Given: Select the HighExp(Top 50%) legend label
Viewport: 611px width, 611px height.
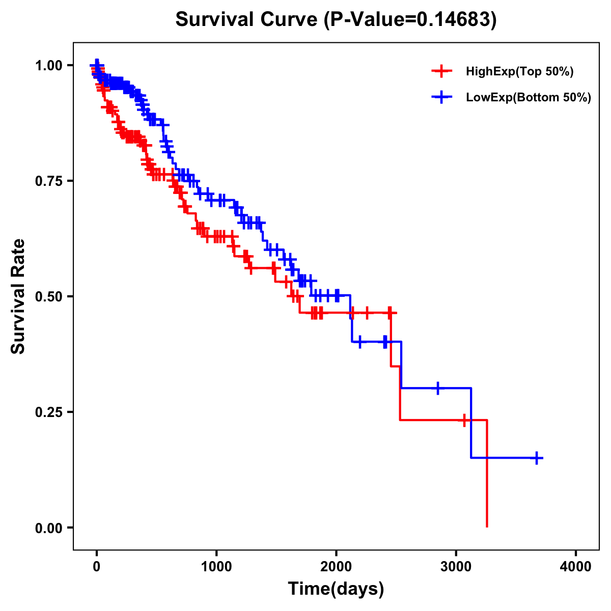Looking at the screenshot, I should [x=520, y=72].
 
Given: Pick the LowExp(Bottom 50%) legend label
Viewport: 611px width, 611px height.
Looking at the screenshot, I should [x=529, y=98].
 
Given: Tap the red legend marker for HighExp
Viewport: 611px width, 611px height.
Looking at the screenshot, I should [x=441, y=72].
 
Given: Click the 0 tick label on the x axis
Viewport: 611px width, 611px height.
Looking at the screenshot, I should [x=97, y=567].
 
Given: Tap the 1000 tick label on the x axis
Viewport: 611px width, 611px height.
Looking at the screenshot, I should [x=216, y=567].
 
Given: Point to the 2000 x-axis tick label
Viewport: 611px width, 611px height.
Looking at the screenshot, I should [x=336, y=567].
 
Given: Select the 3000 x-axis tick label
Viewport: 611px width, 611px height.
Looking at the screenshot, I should [x=456, y=567].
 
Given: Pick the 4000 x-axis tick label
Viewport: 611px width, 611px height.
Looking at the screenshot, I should [x=576, y=567].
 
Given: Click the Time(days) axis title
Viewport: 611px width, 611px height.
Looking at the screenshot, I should [x=336, y=589].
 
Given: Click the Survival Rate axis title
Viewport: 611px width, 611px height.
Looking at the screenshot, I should [x=19, y=296].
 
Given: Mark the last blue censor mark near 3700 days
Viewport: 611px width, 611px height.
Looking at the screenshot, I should [x=537, y=458].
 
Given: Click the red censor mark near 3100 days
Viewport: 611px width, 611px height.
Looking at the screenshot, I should [x=464, y=420].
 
